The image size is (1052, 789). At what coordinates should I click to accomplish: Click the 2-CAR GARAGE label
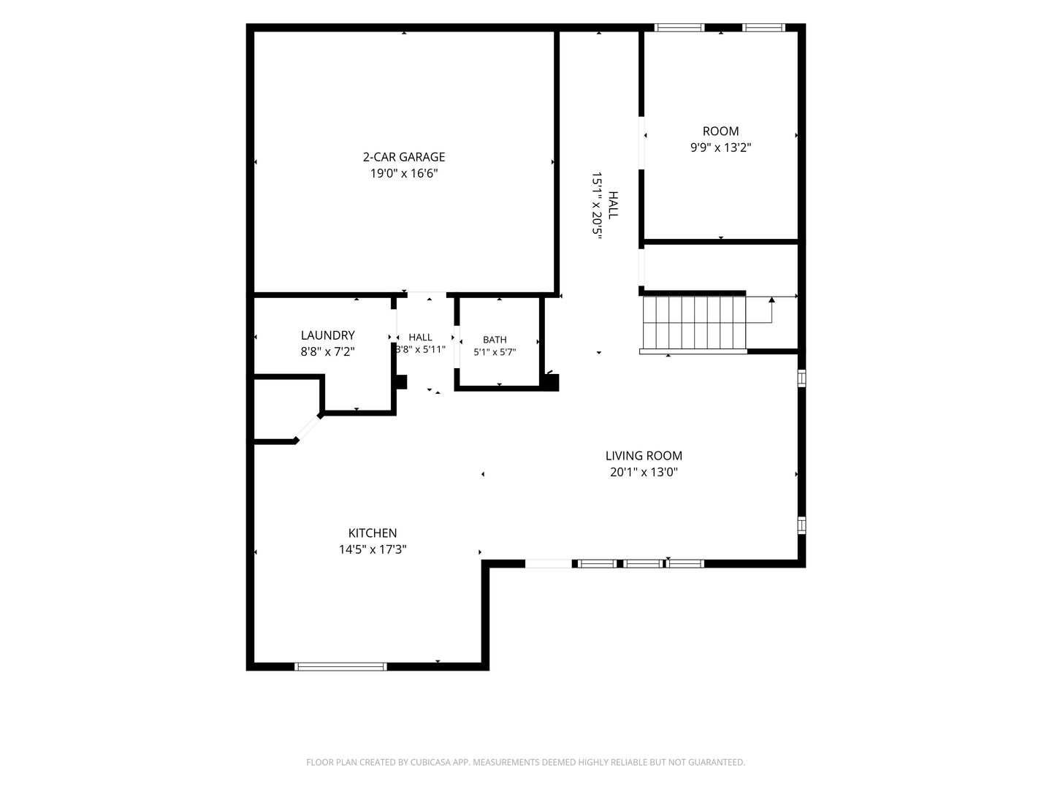click(403, 156)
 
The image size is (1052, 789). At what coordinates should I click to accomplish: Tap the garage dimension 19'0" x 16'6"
click(404, 173)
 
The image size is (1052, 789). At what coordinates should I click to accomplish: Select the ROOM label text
click(720, 131)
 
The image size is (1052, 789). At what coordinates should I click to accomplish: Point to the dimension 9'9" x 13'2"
click(720, 147)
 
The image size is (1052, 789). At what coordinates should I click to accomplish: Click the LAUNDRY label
click(328, 335)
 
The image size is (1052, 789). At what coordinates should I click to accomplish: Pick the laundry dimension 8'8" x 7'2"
click(328, 351)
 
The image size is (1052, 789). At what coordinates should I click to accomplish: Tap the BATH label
click(495, 340)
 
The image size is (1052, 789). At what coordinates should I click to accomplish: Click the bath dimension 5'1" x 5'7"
click(495, 352)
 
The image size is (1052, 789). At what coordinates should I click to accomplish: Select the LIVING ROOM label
click(644, 456)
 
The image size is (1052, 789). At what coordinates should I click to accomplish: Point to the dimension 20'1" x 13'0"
click(644, 472)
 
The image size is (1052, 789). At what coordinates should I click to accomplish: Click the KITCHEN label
click(373, 533)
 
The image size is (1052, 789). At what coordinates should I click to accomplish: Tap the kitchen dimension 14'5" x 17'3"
click(373, 549)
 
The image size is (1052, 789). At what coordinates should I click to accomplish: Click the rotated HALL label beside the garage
click(613, 205)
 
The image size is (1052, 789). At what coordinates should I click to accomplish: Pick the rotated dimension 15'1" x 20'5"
click(597, 205)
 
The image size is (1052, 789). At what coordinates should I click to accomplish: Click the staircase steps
click(694, 322)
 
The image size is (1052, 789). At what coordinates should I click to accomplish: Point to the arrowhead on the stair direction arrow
click(771, 300)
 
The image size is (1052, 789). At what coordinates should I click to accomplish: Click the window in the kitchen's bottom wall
click(340, 666)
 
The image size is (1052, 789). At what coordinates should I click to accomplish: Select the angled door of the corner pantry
click(308, 429)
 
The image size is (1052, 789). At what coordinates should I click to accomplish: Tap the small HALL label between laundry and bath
click(420, 338)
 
